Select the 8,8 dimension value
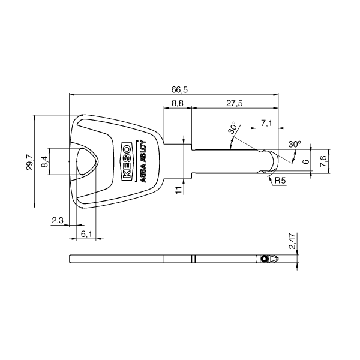click(x=178, y=104)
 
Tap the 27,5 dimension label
click(x=234, y=104)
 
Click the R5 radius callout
click(x=280, y=180)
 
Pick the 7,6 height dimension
click(x=324, y=161)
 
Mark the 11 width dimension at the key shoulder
click(x=178, y=189)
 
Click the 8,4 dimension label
click(x=44, y=161)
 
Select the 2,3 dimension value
click(x=58, y=221)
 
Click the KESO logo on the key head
click(x=127, y=161)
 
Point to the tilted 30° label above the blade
click(x=232, y=129)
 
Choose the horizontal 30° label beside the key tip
click(x=294, y=145)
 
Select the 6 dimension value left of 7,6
click(x=306, y=162)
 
